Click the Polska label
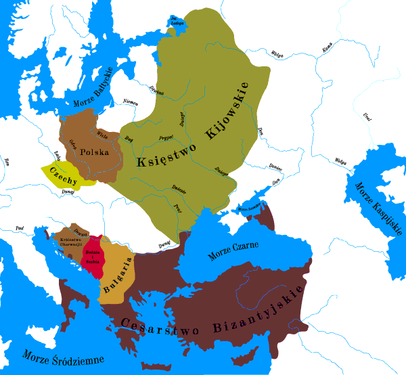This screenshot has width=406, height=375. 94,152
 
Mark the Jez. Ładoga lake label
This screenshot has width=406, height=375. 177,21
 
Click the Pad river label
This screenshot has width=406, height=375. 19,229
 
